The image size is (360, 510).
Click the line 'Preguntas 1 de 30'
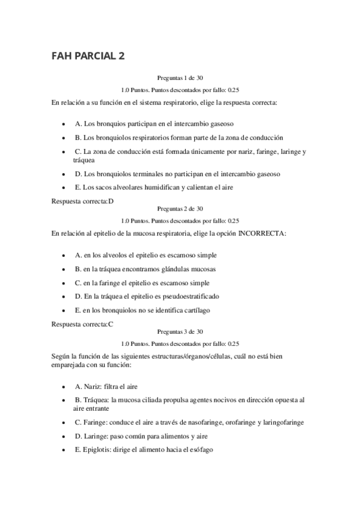(180, 78)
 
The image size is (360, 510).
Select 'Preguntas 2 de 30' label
(180, 209)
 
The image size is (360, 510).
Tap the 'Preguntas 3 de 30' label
(180, 332)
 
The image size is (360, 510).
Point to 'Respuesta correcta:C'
(83, 324)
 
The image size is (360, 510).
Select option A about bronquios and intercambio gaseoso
(154, 123)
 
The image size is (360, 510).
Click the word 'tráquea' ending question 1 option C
(76, 161)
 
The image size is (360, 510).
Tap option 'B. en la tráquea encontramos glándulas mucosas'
(145, 268)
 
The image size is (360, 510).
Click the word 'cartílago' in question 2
(197, 310)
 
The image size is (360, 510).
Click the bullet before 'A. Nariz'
(64, 387)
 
